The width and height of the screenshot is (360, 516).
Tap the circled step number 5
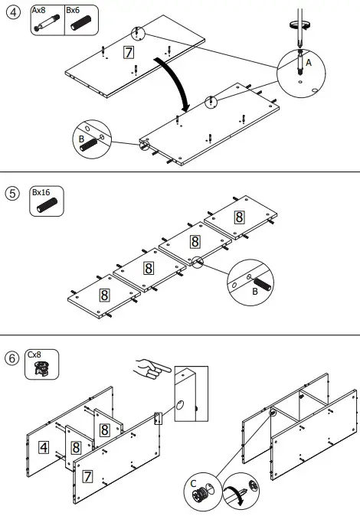pyautogui.click(x=12, y=193)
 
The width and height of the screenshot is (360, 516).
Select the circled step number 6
pyautogui.click(x=12, y=358)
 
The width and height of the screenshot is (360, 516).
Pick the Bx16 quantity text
pyautogui.click(x=42, y=192)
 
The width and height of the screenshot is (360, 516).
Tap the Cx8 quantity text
pyautogui.click(x=35, y=355)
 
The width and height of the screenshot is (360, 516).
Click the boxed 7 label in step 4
pyautogui.click(x=128, y=52)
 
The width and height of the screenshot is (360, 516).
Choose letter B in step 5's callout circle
pyautogui.click(x=255, y=292)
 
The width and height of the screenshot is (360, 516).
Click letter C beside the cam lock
pyautogui.click(x=195, y=482)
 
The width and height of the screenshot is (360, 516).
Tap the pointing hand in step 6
pyautogui.click(x=151, y=370)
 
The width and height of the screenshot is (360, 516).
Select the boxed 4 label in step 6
pyautogui.click(x=45, y=446)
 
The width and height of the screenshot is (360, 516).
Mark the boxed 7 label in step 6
pyautogui.click(x=88, y=476)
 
